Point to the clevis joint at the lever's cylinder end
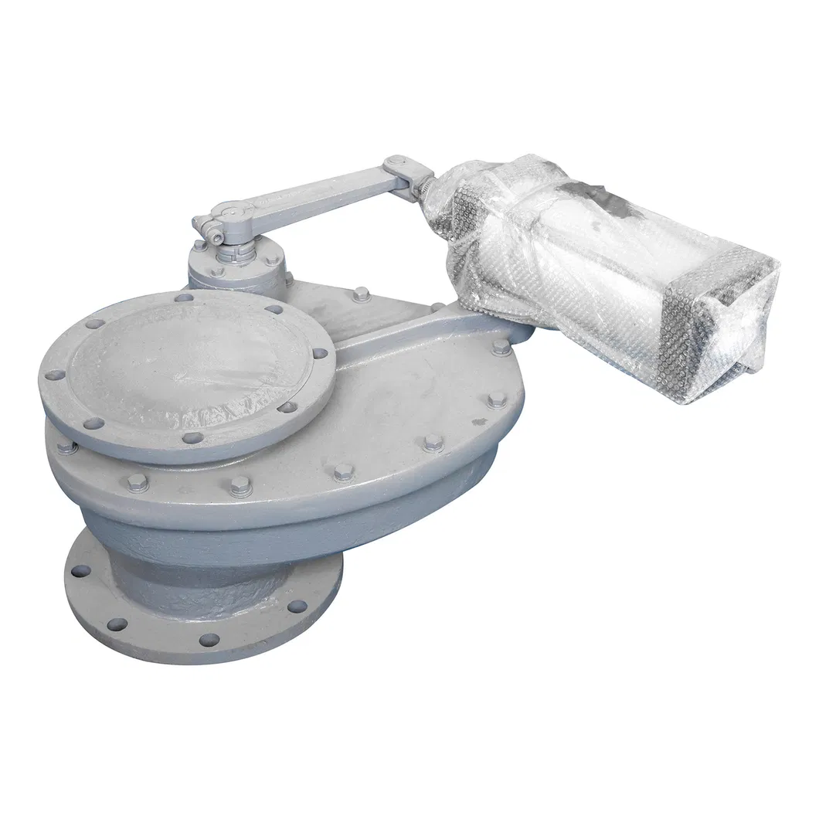[x=402, y=174]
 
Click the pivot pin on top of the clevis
[x=396, y=163]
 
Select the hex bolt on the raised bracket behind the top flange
[x=360, y=294]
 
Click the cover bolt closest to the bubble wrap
[x=501, y=347]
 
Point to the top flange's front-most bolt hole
[x=192, y=438]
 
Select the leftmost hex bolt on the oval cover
[x=66, y=446]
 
